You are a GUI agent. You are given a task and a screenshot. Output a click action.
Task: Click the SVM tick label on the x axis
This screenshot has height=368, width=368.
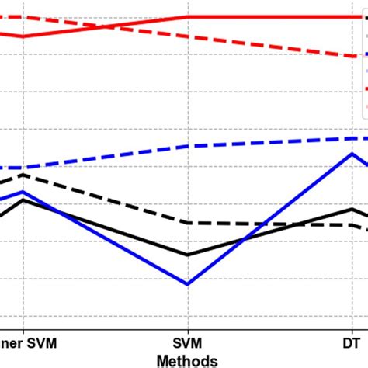coord(187,342)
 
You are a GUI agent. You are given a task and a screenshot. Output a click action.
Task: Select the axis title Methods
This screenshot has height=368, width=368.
coord(187,359)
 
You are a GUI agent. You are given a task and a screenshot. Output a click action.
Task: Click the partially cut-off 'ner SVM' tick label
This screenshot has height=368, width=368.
coord(28,342)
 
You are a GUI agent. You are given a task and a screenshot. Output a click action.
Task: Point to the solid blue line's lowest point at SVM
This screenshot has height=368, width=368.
coord(187,283)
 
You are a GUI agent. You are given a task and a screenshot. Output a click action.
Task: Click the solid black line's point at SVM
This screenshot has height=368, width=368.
coord(187,255)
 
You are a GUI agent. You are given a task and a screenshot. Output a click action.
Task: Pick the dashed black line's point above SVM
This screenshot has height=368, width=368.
coord(187,223)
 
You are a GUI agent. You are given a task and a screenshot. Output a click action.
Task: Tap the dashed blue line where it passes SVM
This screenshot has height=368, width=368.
coord(187,147)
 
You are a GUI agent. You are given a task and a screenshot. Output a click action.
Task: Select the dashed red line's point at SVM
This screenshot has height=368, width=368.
coord(187,36)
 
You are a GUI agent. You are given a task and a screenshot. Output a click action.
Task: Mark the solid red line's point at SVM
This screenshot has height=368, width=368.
coord(187,16)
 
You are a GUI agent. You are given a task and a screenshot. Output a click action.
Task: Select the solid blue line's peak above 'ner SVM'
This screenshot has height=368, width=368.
coord(23,191)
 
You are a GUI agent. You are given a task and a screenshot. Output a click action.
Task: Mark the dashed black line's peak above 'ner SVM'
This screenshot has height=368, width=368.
coord(23,175)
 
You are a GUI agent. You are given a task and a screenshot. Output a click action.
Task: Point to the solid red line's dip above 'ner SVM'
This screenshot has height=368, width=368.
coord(23,36)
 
